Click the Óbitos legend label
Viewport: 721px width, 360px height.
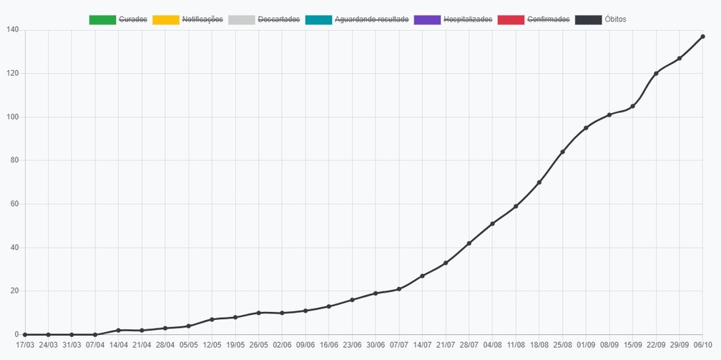(615, 20)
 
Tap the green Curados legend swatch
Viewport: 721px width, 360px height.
(102, 20)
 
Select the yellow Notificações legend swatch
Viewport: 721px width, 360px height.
(165, 20)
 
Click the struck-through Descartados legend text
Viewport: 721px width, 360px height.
(279, 20)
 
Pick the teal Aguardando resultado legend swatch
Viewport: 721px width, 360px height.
(319, 20)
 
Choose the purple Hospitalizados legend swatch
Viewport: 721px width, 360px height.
(427, 20)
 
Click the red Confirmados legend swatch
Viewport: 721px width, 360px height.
(511, 20)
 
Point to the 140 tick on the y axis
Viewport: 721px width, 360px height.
(13, 30)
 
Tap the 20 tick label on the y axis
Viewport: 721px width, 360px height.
(15, 291)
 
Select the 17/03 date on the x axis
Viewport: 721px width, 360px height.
(25, 344)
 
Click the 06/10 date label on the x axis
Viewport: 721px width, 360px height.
(703, 344)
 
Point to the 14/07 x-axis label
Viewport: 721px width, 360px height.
(423, 344)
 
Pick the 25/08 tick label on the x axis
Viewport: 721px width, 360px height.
(563, 344)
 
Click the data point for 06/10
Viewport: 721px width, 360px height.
(703, 37)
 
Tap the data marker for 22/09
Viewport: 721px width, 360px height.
(656, 74)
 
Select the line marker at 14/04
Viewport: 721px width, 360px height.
(119, 331)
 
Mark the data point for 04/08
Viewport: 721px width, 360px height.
(492, 224)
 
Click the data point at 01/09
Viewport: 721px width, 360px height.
(586, 128)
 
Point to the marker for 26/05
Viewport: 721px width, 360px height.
(259, 313)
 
